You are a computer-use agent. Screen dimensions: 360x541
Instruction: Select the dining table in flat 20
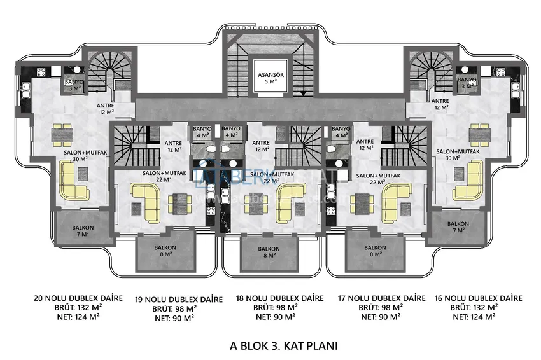click(x=62, y=134)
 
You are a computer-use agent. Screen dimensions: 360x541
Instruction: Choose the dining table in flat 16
click(x=479, y=134)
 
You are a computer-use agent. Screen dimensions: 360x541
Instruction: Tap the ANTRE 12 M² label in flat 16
click(x=440, y=104)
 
